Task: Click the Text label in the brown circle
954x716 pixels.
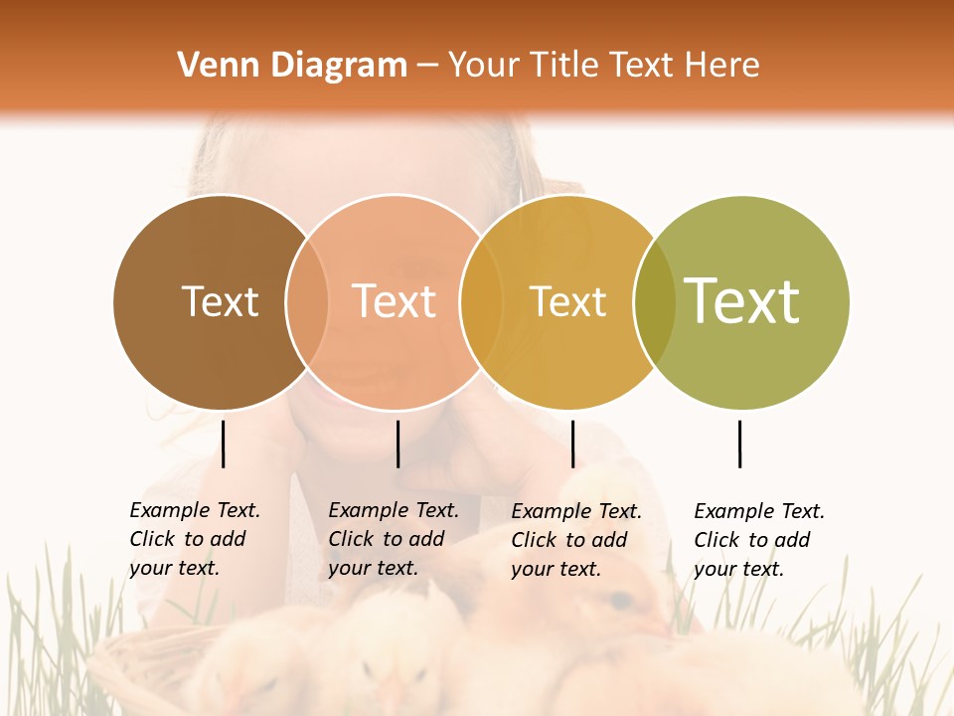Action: (220, 301)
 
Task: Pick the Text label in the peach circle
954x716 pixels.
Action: (395, 301)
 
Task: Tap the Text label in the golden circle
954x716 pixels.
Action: (567, 302)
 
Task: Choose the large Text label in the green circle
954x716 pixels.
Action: (742, 301)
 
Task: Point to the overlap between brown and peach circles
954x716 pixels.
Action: (307, 302)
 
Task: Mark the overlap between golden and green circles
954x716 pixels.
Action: (654, 302)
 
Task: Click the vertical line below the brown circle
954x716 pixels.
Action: (224, 444)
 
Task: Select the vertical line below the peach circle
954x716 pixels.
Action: (397, 444)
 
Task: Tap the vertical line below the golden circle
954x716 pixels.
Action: (572, 444)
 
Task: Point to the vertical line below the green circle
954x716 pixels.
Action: (740, 444)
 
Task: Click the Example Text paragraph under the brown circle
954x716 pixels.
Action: (195, 539)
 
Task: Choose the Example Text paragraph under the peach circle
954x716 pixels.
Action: (394, 539)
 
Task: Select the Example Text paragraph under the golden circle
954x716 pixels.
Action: (576, 540)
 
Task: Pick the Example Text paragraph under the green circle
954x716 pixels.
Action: (759, 540)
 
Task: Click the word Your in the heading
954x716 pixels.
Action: (483, 66)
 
